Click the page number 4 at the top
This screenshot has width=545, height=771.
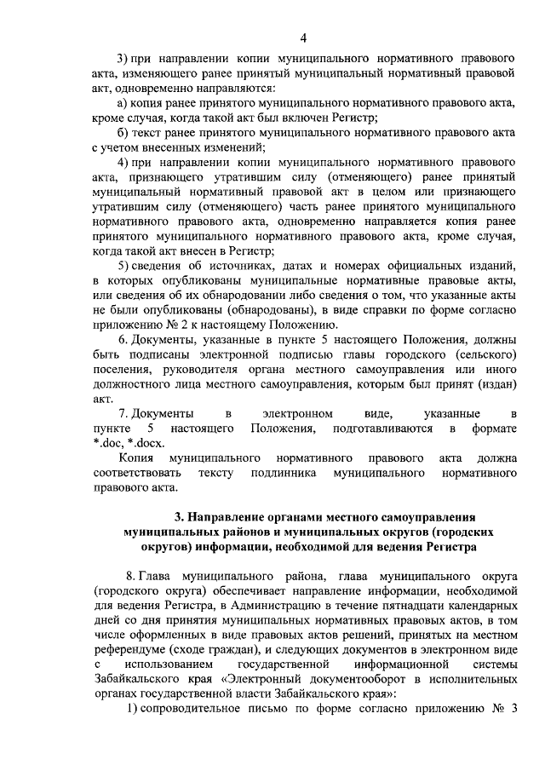pos(303,37)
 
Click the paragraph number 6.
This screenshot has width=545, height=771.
pos(122,339)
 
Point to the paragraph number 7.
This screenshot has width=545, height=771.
pos(122,413)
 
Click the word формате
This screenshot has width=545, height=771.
pos(493,429)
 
